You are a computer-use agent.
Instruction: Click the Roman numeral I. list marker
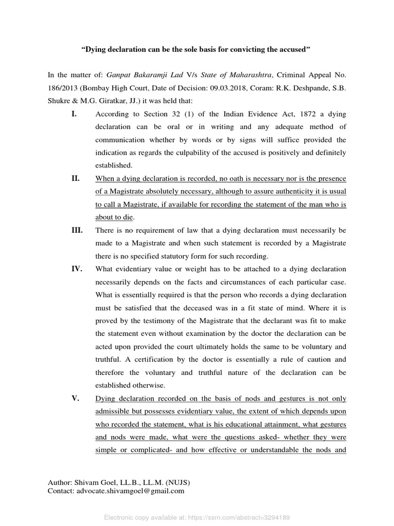click(73, 114)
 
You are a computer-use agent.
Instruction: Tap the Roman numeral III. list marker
click(76, 230)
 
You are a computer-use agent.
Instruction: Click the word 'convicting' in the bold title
click(246, 50)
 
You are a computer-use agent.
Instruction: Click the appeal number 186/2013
click(62, 88)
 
